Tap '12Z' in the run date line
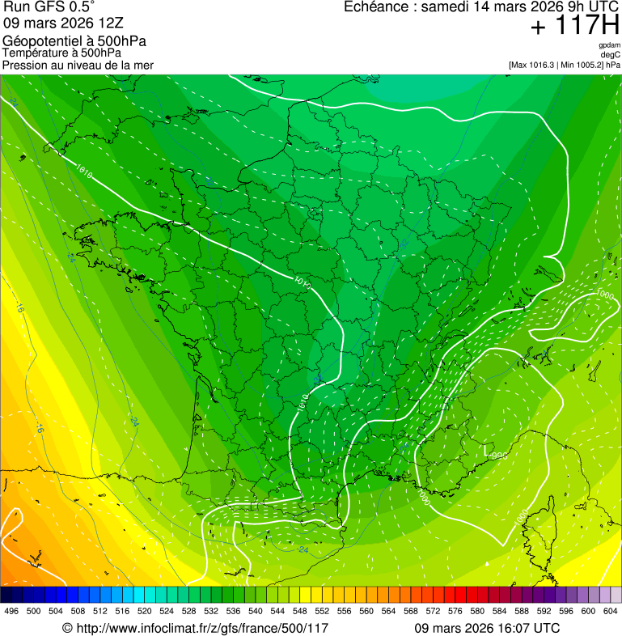coord(109,24)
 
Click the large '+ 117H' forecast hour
coord(574,26)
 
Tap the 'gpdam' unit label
coord(609,45)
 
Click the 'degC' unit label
coord(611,55)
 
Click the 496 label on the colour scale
coord(11,610)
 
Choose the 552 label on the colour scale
coord(322,610)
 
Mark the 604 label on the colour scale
coord(611,610)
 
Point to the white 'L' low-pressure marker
coord(486,447)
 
